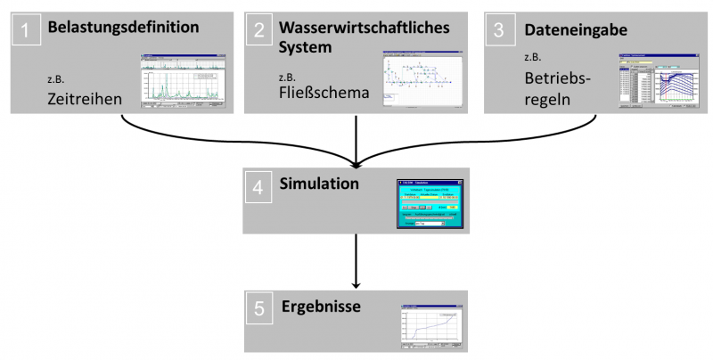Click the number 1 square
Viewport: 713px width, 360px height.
point(29,31)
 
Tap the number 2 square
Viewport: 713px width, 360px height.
point(259,31)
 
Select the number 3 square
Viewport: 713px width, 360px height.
point(500,31)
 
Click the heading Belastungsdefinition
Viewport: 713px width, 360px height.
point(122,28)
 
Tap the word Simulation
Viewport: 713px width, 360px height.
point(320,184)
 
